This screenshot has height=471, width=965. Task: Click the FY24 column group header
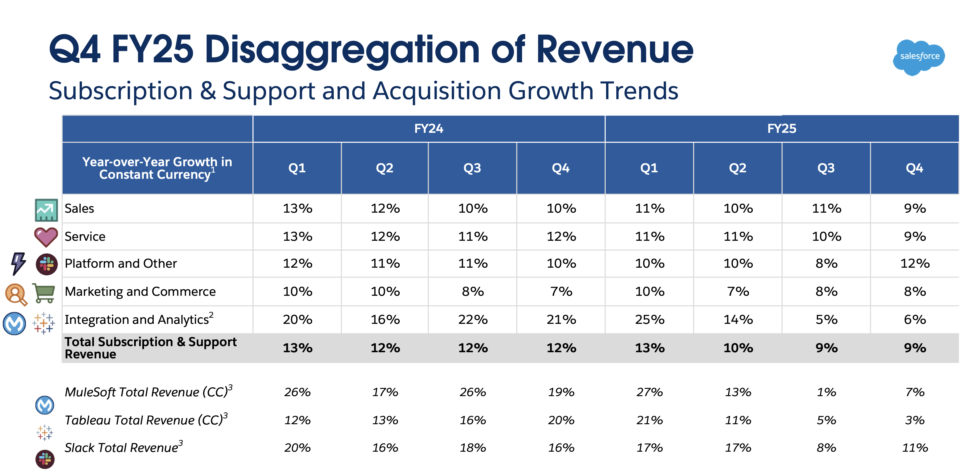click(429, 128)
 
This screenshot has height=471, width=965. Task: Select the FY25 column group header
click(781, 128)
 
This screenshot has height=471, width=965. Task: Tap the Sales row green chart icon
click(46, 210)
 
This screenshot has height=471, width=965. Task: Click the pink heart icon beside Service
click(46, 237)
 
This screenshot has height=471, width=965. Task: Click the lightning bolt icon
click(18, 263)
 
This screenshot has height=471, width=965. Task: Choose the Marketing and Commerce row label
click(140, 291)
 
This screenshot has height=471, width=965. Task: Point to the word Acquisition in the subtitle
click(437, 91)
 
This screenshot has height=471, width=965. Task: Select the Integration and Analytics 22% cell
click(473, 319)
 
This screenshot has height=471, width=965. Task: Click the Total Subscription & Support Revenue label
click(150, 348)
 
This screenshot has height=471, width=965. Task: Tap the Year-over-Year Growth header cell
click(157, 168)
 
